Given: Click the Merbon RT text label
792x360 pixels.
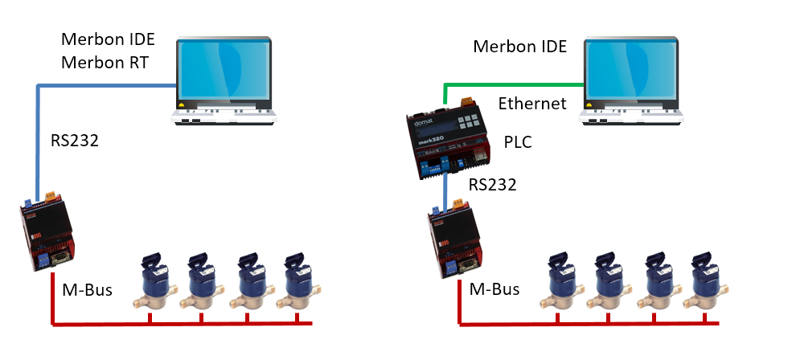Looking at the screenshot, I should point(105,63).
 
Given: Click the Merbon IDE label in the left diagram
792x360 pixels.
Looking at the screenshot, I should point(108,39).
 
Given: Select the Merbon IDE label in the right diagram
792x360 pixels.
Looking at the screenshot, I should point(519,46).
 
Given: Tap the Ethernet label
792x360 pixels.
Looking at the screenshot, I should point(532,104).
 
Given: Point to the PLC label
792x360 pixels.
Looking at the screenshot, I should point(517,142).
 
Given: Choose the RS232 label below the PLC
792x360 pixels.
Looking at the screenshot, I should point(492,185).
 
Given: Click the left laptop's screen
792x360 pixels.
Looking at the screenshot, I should point(224,69).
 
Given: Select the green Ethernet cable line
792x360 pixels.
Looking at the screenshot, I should point(515,84).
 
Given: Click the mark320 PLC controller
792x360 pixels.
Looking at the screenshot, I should point(447,141).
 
